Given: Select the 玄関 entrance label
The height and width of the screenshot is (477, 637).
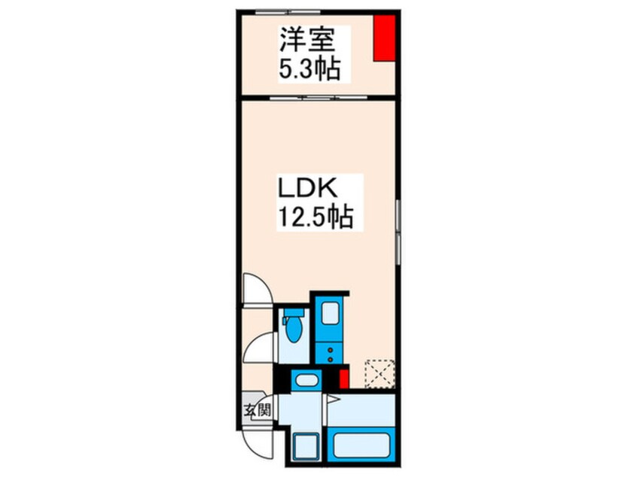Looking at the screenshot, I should (x=256, y=410).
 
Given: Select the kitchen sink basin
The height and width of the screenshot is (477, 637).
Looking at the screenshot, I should (x=329, y=315).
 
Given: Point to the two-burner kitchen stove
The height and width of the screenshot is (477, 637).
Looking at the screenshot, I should (x=329, y=352).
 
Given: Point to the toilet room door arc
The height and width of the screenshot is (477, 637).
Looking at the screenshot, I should (x=260, y=348).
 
